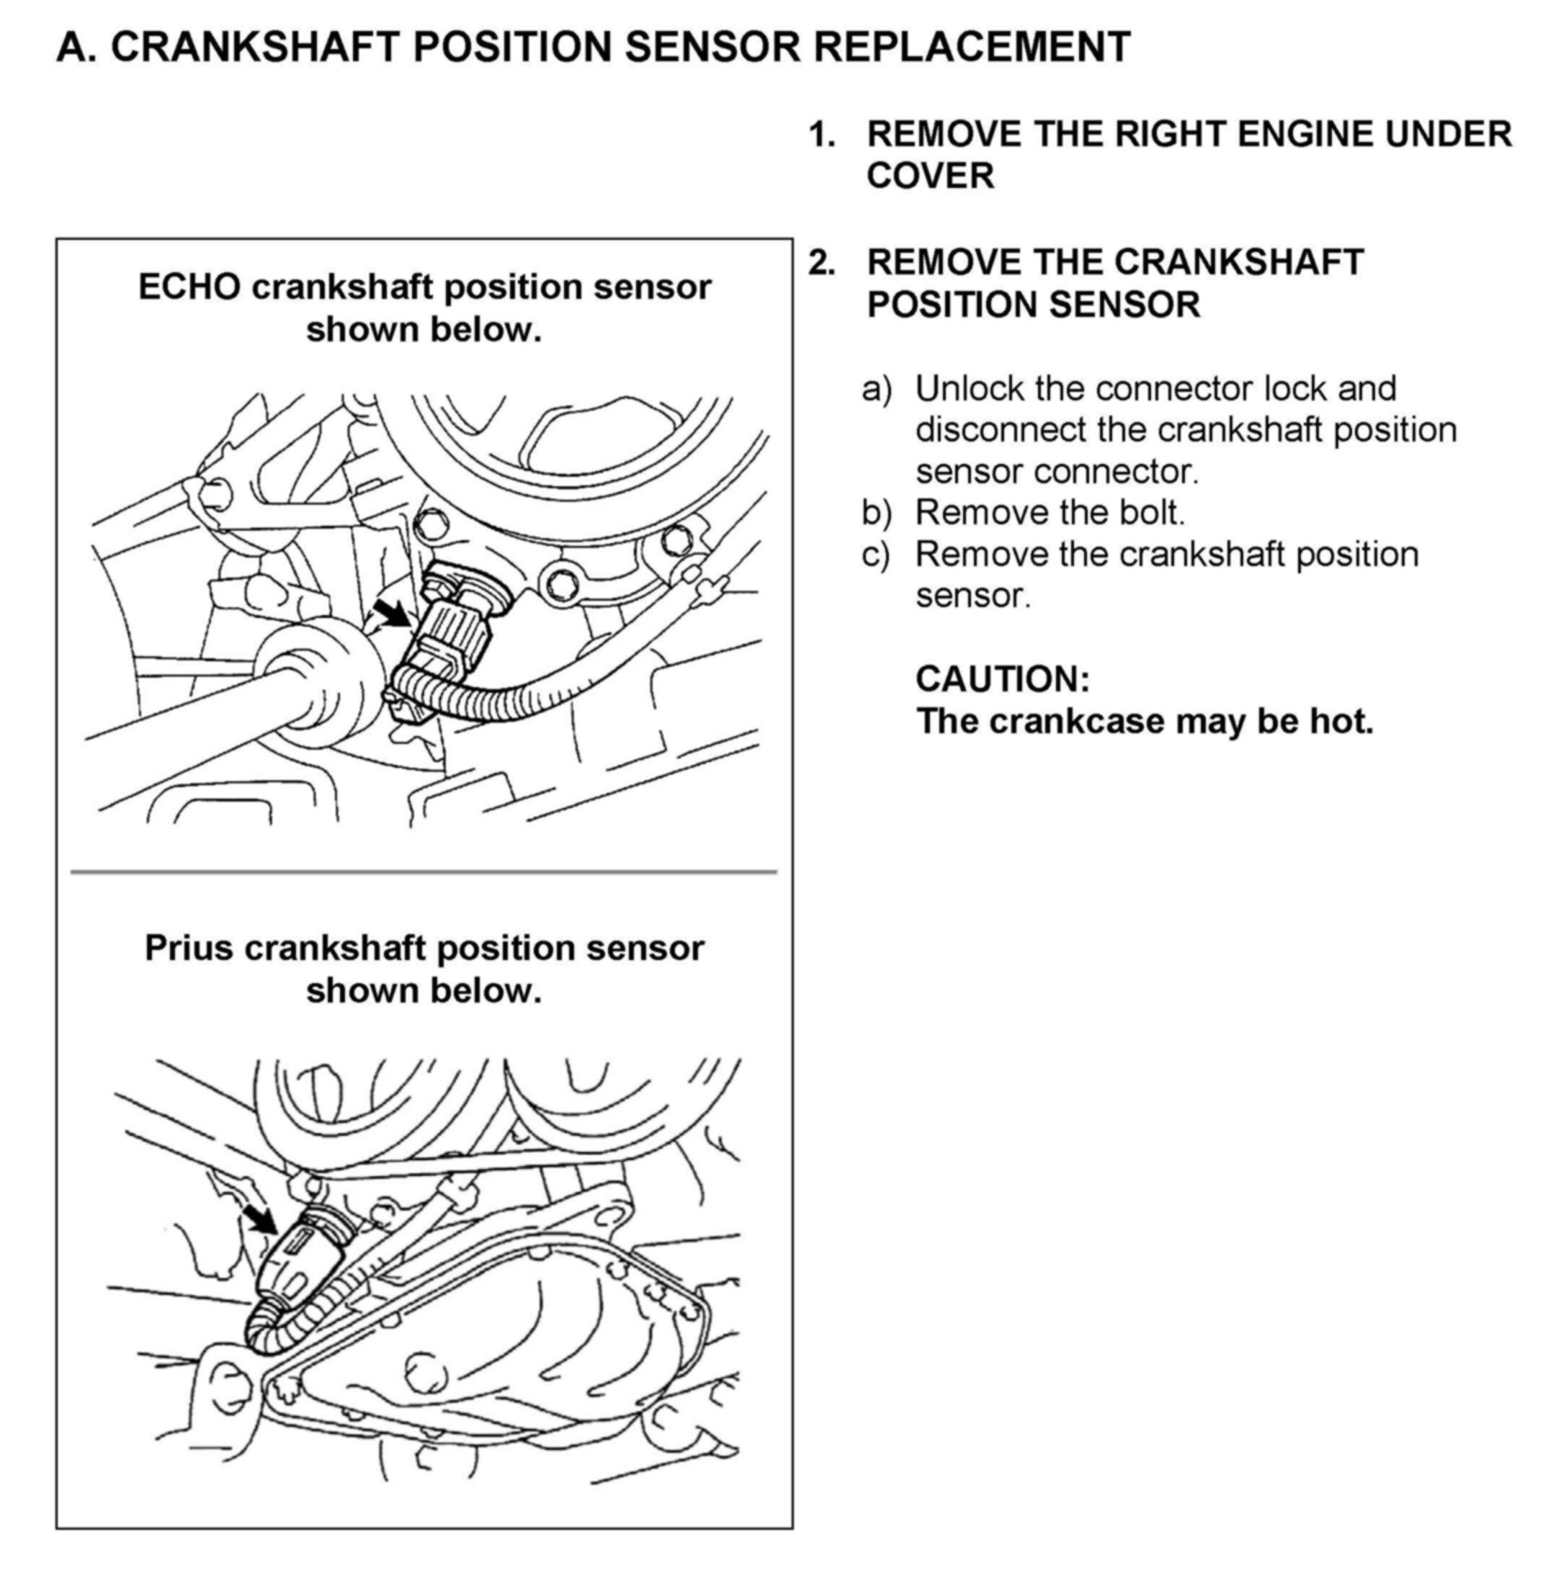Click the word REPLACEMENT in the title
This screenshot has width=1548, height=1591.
coord(972,47)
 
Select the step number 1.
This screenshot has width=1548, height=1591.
coord(822,135)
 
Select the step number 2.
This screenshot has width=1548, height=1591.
coord(822,264)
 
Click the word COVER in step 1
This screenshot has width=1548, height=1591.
coord(930,176)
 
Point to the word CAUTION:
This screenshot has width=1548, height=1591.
coord(1002,680)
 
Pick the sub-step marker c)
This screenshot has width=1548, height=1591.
coord(876,556)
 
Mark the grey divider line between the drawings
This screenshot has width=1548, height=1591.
coord(424,872)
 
